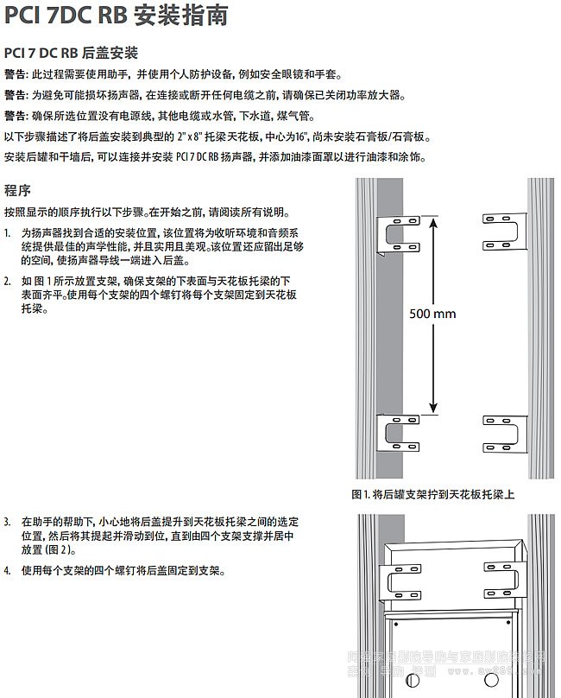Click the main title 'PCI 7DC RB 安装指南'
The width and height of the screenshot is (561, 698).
[117, 16]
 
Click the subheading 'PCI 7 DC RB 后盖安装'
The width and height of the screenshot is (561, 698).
[71, 54]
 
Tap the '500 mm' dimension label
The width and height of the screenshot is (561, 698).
[432, 314]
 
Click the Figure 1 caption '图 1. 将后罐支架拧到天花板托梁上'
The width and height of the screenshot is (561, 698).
[433, 495]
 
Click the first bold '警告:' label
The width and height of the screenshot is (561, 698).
[16, 75]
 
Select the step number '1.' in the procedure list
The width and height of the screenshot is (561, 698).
[8, 233]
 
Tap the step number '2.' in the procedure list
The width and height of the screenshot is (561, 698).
[8, 282]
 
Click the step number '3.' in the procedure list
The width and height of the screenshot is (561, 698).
[8, 523]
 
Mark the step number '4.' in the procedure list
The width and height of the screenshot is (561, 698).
[8, 571]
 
